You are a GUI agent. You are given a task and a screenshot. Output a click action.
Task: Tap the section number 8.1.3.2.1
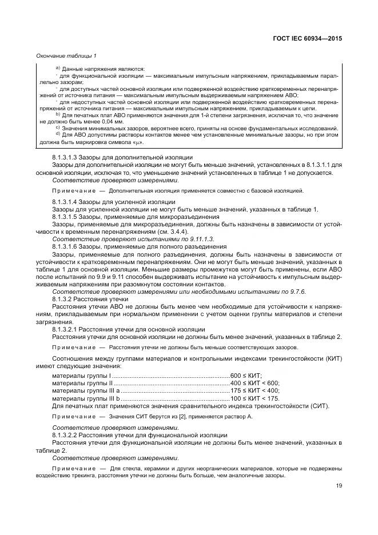pos(67,329)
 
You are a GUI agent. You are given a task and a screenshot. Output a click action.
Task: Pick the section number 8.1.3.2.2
pos(67,451)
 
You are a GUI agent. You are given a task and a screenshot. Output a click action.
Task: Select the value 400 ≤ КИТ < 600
pos(254,383)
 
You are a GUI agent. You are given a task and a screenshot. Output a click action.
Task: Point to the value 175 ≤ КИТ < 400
pos(254,390)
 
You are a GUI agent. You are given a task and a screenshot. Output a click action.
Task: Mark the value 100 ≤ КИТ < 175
pos(254,398)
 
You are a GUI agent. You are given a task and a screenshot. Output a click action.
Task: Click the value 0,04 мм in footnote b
pos(110,121)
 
